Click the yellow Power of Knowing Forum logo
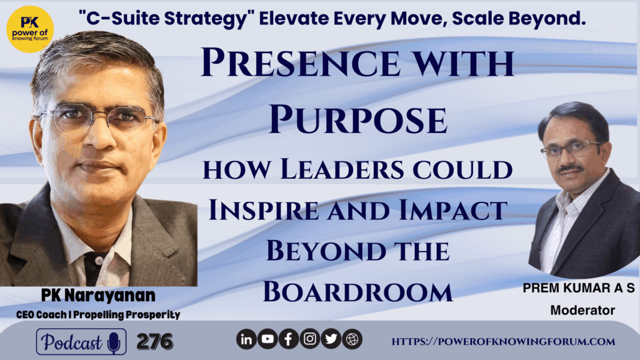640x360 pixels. tap(30, 29)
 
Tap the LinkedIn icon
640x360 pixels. tap(246, 339)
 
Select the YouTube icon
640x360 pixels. tap(267, 339)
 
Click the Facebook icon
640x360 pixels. tap(289, 339)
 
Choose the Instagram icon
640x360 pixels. tap(310, 339)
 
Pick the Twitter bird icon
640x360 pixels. tap(331, 339)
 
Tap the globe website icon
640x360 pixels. tap(352, 339)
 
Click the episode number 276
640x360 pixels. tap(155, 342)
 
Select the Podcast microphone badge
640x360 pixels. tap(81, 342)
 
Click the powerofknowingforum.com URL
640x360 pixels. tap(503, 342)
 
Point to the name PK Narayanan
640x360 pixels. tap(98, 296)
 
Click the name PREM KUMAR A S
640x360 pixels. tap(579, 288)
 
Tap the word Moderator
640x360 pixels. tap(582, 311)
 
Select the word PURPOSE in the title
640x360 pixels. tap(358, 119)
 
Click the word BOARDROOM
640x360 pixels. tap(358, 291)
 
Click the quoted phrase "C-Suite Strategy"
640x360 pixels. tap(166, 19)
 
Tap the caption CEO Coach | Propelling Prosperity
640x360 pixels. tap(98, 315)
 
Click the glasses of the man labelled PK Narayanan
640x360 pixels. tap(98, 117)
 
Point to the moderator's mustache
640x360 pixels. tap(571, 167)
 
